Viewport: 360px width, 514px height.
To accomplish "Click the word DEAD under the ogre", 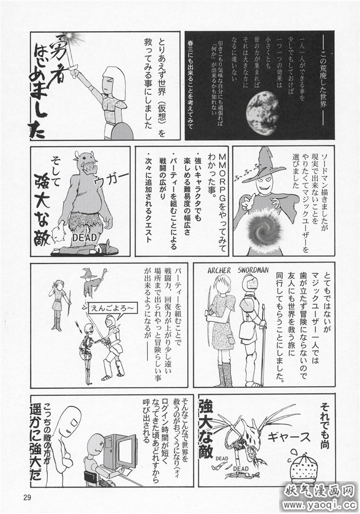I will pos(84,237).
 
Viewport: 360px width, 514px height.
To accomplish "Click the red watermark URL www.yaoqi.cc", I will pos(321,504).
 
